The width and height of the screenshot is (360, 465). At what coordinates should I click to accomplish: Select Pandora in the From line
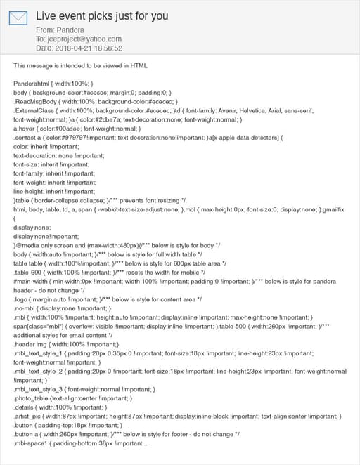70,31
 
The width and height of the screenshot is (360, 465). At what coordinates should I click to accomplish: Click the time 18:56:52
109,48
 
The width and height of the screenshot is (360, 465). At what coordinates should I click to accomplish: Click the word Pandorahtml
33,84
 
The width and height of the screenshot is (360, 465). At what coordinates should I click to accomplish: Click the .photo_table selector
34,398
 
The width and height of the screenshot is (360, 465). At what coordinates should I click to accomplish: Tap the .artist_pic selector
32,416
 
